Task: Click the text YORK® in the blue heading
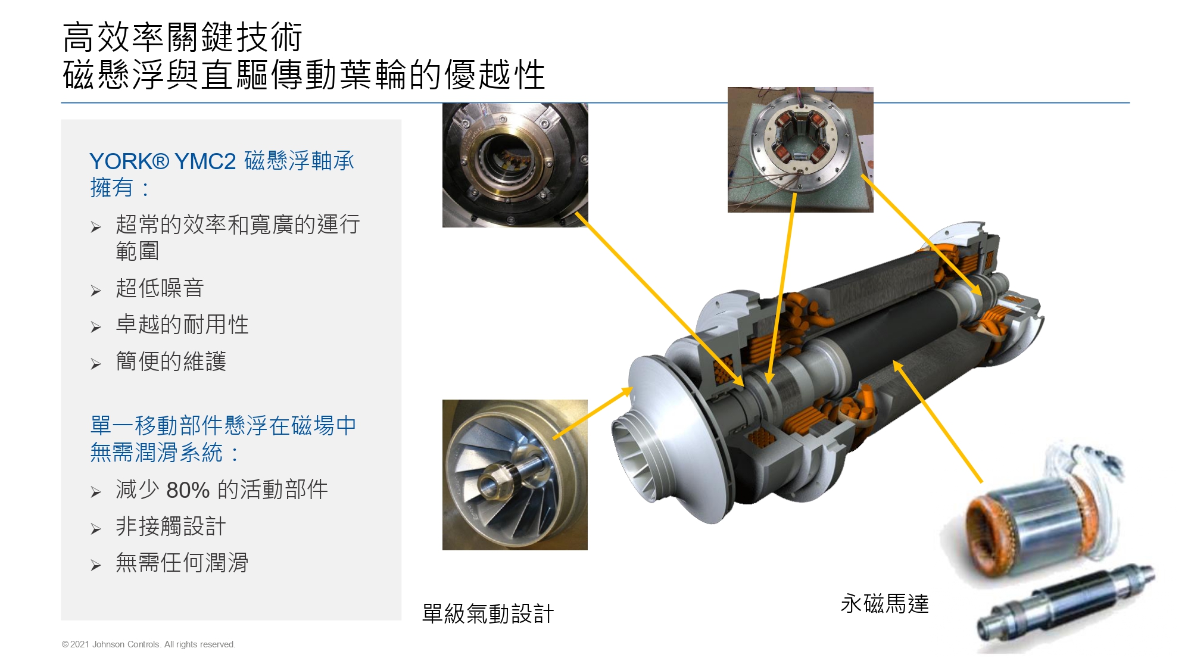(129, 161)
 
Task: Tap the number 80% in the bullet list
(188, 490)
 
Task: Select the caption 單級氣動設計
(488, 613)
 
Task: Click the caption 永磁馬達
(884, 604)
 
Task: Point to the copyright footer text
(149, 644)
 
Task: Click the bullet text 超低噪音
(160, 288)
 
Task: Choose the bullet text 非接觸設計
(171, 526)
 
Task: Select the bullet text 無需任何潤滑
(182, 563)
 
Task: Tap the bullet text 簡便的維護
(171, 362)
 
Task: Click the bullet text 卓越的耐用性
(182, 325)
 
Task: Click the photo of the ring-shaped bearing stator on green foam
(800, 149)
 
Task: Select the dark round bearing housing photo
(515, 165)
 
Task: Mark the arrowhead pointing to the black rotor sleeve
(896, 364)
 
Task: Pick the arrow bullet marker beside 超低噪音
(96, 291)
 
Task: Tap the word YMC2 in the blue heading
(205, 161)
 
